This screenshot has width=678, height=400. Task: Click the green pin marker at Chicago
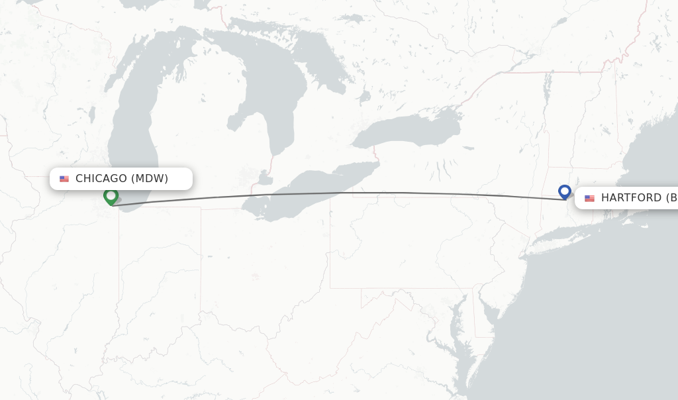tap(111, 196)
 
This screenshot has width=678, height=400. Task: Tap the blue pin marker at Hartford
tap(564, 191)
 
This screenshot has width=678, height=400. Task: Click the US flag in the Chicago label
tap(64, 179)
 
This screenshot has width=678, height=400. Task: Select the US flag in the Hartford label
tap(589, 198)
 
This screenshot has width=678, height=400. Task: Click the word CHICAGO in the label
tap(101, 178)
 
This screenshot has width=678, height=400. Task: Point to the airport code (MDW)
tap(150, 178)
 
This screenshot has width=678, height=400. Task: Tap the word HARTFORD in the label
tap(631, 197)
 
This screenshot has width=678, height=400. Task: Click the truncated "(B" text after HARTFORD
tap(671, 197)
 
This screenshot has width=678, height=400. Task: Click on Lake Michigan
tap(132, 132)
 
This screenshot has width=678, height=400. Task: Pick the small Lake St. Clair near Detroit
tap(265, 178)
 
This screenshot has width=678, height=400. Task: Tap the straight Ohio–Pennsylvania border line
tap(330, 252)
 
